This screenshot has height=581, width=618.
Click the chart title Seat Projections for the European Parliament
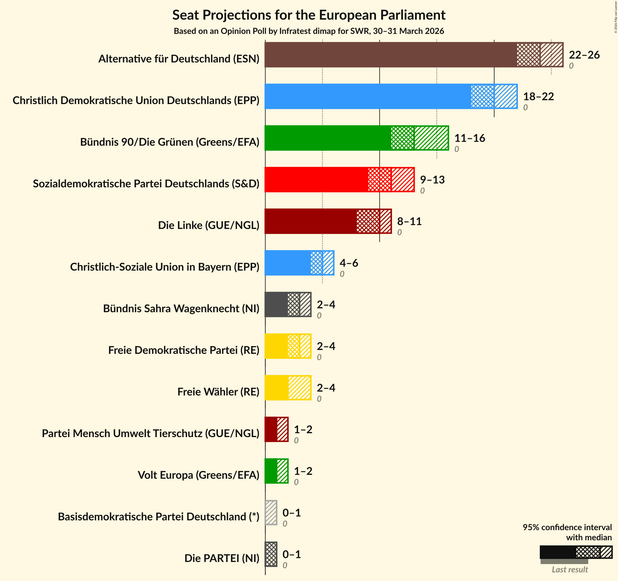click(x=309, y=15)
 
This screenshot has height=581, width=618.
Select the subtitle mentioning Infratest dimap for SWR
click(x=309, y=31)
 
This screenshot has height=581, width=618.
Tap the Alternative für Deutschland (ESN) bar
click(x=413, y=55)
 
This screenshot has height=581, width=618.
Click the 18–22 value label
click(x=539, y=97)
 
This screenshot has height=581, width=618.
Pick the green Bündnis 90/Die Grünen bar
click(x=356, y=138)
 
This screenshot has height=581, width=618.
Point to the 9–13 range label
click(x=432, y=180)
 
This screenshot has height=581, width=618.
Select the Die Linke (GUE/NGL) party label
click(x=209, y=225)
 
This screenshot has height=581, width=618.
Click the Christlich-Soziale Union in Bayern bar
click(x=299, y=263)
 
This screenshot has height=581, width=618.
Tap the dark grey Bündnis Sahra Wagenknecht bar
click(x=288, y=304)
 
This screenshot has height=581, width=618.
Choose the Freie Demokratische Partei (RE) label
click(x=184, y=350)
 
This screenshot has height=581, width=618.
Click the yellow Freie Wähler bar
click(x=288, y=387)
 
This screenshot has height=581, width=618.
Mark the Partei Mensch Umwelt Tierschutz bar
click(x=276, y=429)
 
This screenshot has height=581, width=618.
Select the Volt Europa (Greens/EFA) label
click(x=198, y=475)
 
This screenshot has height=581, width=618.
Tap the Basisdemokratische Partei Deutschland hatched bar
click(x=271, y=512)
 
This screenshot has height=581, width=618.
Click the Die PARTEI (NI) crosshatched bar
click(x=271, y=554)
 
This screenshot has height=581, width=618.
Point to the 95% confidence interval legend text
click(x=567, y=532)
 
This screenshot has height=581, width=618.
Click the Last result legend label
click(x=569, y=569)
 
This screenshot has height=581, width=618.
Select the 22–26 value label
click(x=584, y=55)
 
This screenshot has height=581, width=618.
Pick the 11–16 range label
click(x=469, y=138)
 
